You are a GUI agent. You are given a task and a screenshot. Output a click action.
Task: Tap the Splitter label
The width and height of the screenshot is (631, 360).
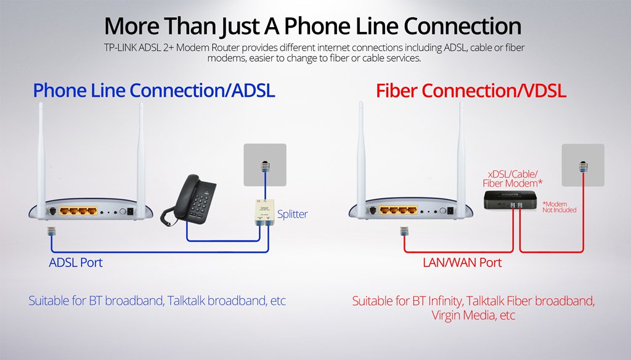click(x=292, y=214)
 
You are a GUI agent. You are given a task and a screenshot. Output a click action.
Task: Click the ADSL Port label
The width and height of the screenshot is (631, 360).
click(x=76, y=263)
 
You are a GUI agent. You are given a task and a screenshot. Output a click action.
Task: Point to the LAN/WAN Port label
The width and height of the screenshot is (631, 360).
click(x=462, y=263)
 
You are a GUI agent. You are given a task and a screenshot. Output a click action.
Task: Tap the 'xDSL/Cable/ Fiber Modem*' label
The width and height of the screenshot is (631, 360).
click(x=512, y=179)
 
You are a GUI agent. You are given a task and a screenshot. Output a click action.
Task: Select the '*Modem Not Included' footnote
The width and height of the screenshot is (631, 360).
click(x=559, y=207)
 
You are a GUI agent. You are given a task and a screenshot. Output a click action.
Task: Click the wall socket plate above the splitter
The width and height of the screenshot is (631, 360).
click(x=265, y=165)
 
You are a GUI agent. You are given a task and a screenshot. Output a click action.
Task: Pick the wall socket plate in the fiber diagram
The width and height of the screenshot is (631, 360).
click(x=583, y=165)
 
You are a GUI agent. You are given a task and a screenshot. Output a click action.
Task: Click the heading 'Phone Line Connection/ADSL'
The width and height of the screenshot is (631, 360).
click(x=153, y=90)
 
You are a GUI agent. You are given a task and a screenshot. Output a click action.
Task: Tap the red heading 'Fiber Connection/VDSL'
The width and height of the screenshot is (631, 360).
click(x=471, y=90)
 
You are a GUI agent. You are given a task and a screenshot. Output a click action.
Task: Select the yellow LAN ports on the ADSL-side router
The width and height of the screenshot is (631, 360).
click(x=78, y=211)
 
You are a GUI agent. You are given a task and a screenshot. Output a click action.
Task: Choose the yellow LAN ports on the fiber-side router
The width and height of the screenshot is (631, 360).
click(x=399, y=210)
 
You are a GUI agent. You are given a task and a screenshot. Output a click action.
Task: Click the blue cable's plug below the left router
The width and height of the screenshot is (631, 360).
click(x=52, y=231)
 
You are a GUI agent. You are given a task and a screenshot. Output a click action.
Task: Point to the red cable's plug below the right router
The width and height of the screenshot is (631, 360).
click(x=404, y=231)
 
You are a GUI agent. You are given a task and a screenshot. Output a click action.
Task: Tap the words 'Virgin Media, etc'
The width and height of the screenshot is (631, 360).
click(x=473, y=315)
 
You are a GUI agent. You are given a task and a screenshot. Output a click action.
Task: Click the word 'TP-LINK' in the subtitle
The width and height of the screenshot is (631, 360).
click(x=120, y=47)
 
